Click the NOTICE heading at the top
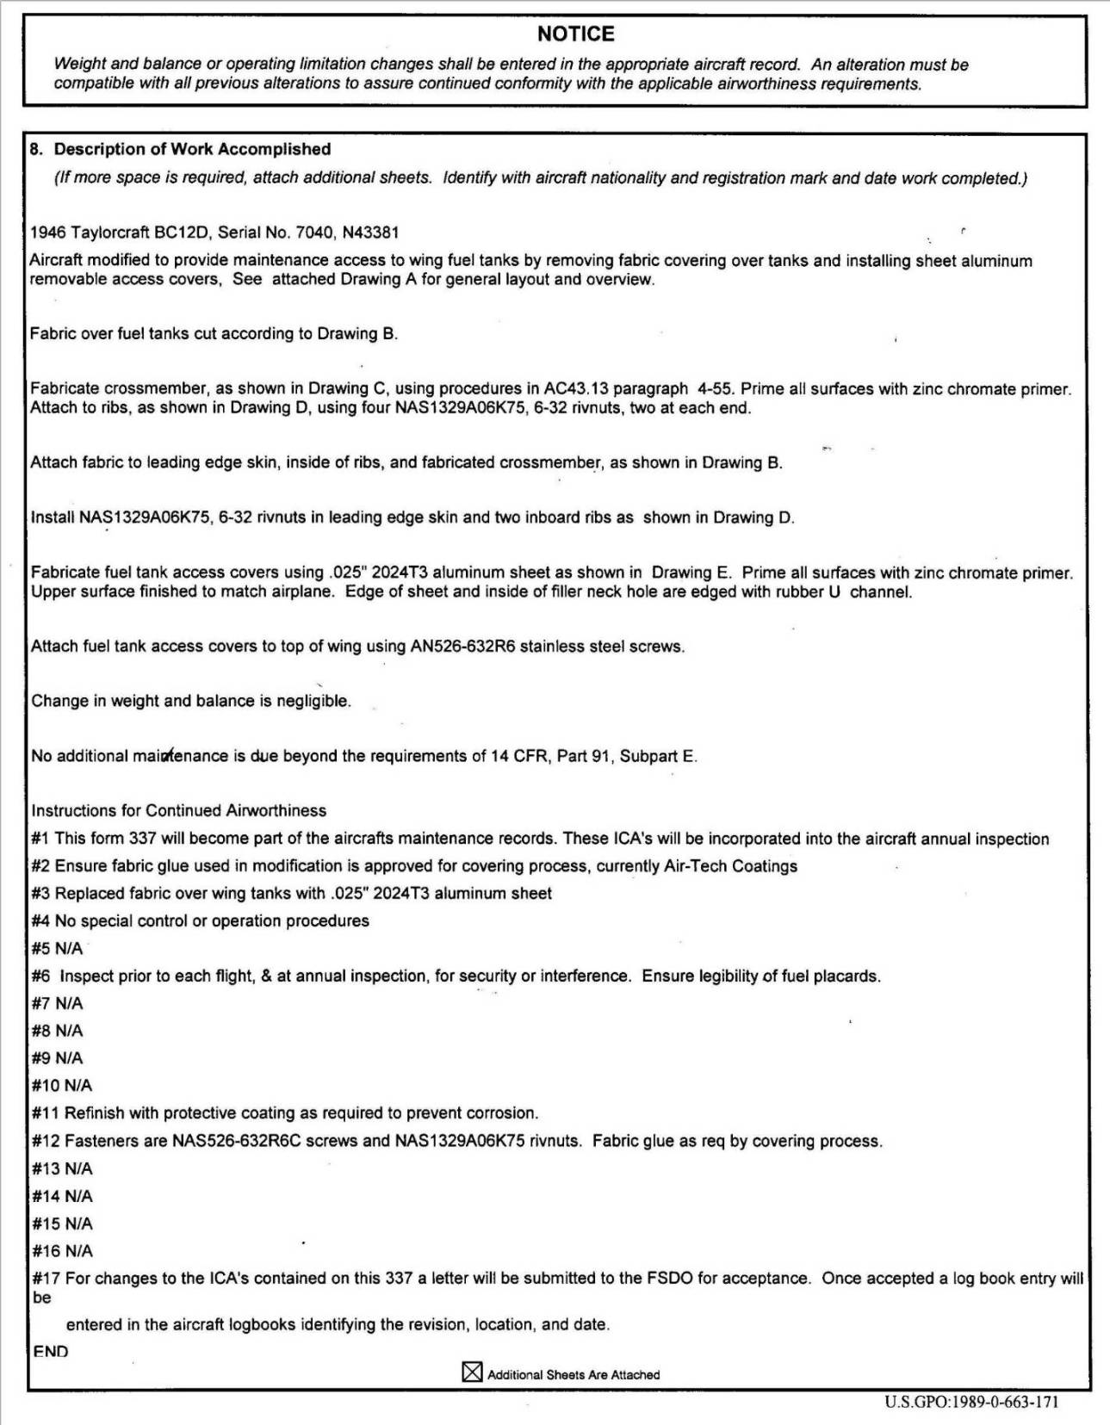[575, 34]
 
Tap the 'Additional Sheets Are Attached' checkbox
[472, 1372]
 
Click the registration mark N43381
[370, 232]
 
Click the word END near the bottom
[50, 1351]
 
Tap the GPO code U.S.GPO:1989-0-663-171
[971, 1402]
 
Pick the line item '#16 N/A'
[62, 1251]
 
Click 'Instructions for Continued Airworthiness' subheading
[179, 810]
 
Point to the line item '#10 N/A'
[62, 1086]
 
